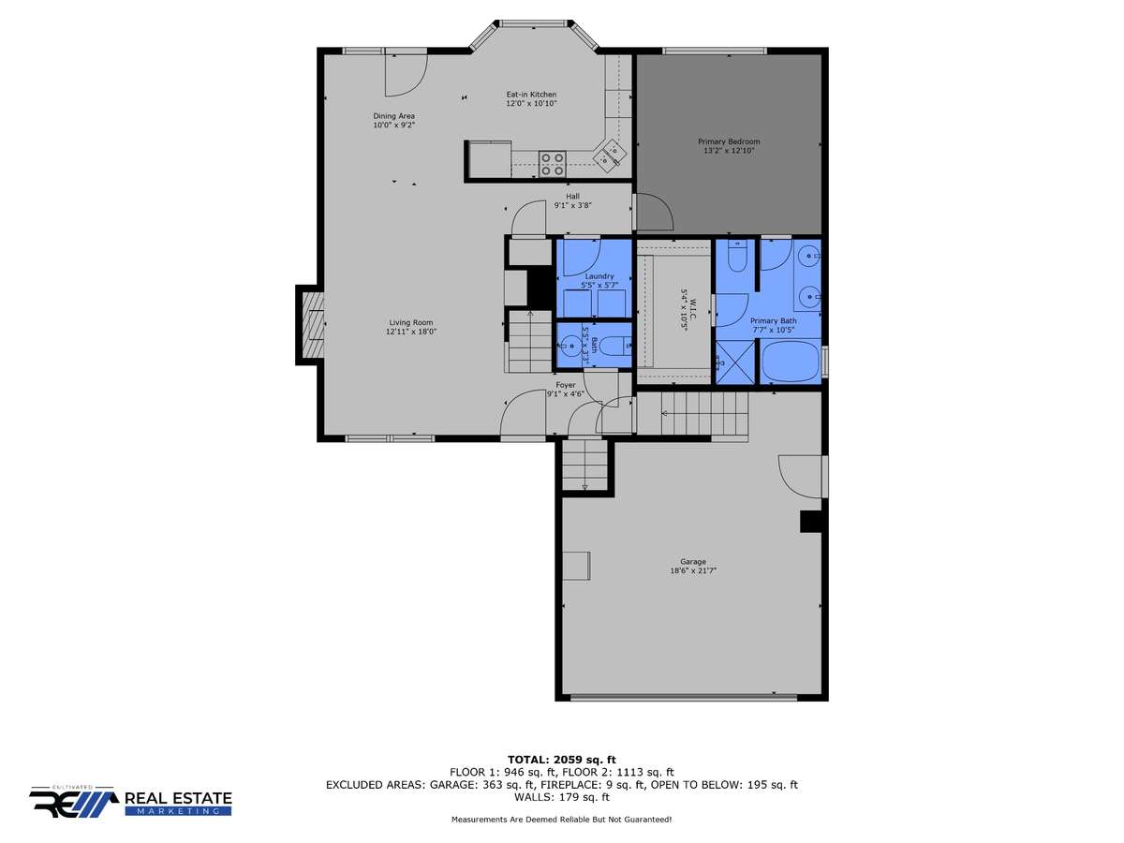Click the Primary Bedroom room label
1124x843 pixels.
pos(728,141)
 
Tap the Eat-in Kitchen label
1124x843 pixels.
pos(531,95)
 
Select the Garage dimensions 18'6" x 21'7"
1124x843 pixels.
pos(693,570)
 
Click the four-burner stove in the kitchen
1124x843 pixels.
pos(552,164)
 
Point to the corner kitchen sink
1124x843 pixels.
pos(610,154)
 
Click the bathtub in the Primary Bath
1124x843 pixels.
pos(791,362)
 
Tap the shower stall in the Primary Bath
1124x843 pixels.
pos(735,362)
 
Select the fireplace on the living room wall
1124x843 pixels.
pos(310,324)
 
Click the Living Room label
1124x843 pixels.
pos(410,322)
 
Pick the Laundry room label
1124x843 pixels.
pos(599,276)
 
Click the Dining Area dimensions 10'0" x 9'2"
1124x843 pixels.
pos(393,125)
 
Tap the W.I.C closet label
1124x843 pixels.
pos(693,309)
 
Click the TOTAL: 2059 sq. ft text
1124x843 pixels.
pos(562,760)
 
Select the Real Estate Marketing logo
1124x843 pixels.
pos(130,802)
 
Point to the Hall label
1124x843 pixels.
pos(572,196)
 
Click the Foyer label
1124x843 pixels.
pos(566,385)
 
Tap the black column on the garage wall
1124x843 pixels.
pos(810,522)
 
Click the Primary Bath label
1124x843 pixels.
pos(774,321)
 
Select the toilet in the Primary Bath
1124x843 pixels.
pos(738,255)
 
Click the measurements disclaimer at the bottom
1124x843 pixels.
pos(561,820)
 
